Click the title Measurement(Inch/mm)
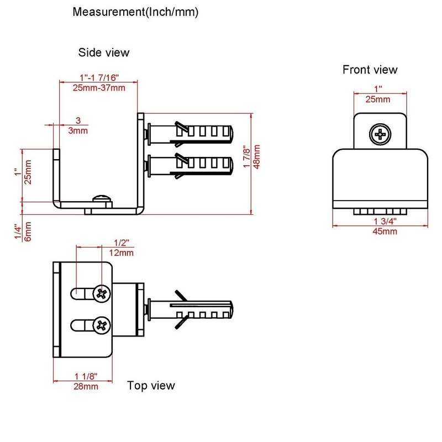click(135, 12)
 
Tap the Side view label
click(104, 52)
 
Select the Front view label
click(370, 70)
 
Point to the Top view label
click(151, 385)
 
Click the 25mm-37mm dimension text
click(99, 88)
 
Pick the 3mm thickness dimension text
click(78, 130)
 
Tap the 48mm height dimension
click(257, 157)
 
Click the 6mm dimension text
click(28, 231)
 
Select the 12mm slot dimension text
click(121, 252)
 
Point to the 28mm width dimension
click(86, 386)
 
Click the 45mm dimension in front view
click(385, 231)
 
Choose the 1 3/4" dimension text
click(385, 222)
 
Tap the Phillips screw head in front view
click(380, 134)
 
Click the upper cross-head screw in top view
click(102, 294)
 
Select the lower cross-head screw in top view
click(102, 325)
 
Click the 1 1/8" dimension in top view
click(86, 376)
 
